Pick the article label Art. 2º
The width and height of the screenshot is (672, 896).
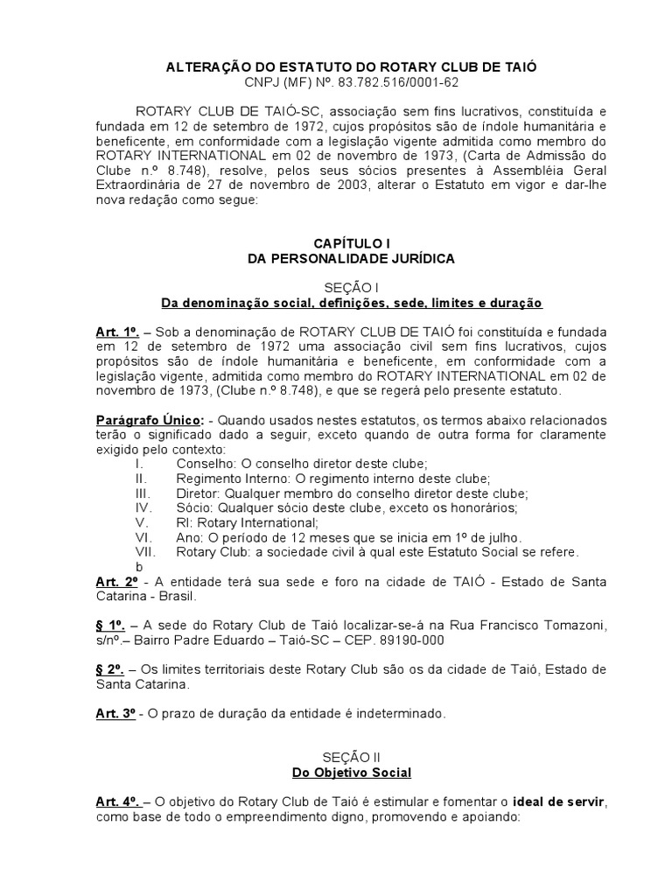[116, 582]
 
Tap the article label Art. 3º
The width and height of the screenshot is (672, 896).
[116, 713]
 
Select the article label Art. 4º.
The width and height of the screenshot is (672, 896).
[118, 802]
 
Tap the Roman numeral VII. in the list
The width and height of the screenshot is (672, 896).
[145, 552]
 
